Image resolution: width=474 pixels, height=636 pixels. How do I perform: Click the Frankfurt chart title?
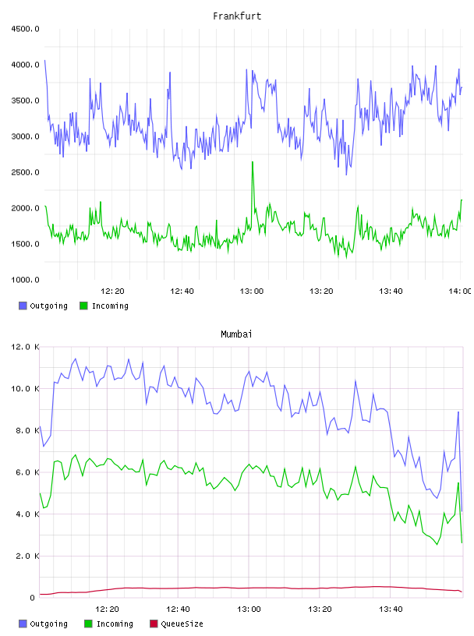click(x=237, y=16)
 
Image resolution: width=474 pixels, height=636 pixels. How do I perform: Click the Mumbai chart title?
click(x=236, y=334)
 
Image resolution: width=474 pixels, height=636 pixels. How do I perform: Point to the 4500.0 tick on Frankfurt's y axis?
click(x=25, y=29)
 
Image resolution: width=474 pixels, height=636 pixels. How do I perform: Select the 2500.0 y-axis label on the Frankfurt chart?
click(x=25, y=172)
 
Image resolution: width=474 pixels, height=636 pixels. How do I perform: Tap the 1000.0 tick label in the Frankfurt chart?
click(x=25, y=280)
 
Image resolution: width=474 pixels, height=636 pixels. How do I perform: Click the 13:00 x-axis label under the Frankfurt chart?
click(x=252, y=291)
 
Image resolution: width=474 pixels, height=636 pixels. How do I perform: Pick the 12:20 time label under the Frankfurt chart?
click(x=112, y=291)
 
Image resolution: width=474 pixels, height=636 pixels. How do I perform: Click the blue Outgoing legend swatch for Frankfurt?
click(x=23, y=306)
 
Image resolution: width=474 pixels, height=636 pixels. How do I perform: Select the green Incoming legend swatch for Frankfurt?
click(x=83, y=306)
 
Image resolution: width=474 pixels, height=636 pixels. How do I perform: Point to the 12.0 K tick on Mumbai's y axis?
click(x=25, y=347)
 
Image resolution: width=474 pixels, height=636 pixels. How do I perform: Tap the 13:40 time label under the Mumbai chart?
click(x=391, y=609)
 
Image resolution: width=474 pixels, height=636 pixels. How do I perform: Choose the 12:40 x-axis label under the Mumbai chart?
click(x=178, y=609)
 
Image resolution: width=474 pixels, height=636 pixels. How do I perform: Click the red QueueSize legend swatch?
click(x=154, y=624)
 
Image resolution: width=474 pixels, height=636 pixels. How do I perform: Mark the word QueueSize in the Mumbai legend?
click(x=182, y=624)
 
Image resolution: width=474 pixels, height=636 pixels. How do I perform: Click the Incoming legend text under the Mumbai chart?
click(x=115, y=624)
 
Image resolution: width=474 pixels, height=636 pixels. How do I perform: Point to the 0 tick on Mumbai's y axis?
click(x=32, y=598)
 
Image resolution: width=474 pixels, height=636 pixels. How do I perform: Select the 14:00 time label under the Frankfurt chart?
click(x=460, y=291)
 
